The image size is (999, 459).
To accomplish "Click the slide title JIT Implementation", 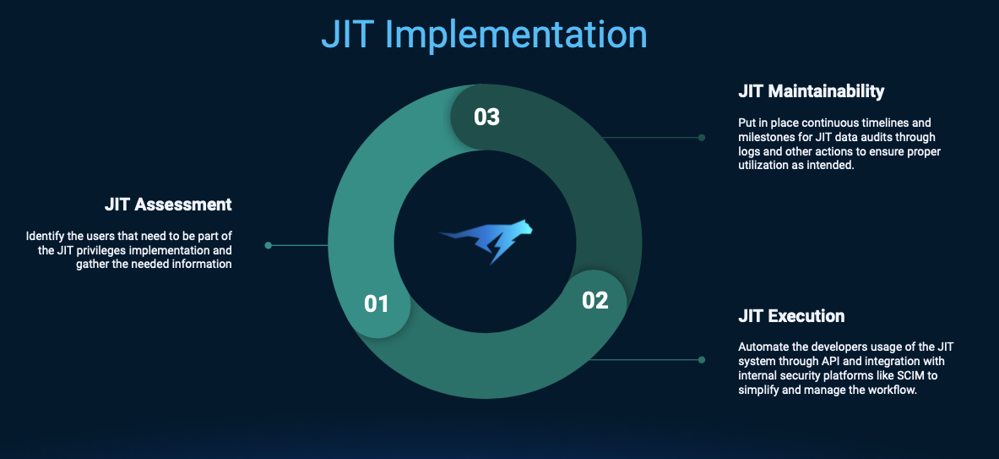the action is [484, 36].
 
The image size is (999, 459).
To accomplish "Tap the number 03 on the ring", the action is [486, 117].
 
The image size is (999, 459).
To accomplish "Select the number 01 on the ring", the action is [377, 304].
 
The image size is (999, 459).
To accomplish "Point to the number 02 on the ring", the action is [595, 300].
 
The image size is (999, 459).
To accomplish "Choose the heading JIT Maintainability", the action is [811, 91].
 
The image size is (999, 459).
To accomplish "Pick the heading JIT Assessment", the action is [168, 205].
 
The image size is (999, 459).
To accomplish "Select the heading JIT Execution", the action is [791, 315].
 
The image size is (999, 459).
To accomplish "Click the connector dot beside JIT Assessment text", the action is [269, 245].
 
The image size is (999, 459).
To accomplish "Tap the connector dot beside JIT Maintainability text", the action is [702, 137].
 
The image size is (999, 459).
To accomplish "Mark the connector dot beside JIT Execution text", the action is [702, 359].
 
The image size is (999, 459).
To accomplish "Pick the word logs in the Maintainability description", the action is [748, 152].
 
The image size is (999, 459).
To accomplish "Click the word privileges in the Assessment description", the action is [82, 250].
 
